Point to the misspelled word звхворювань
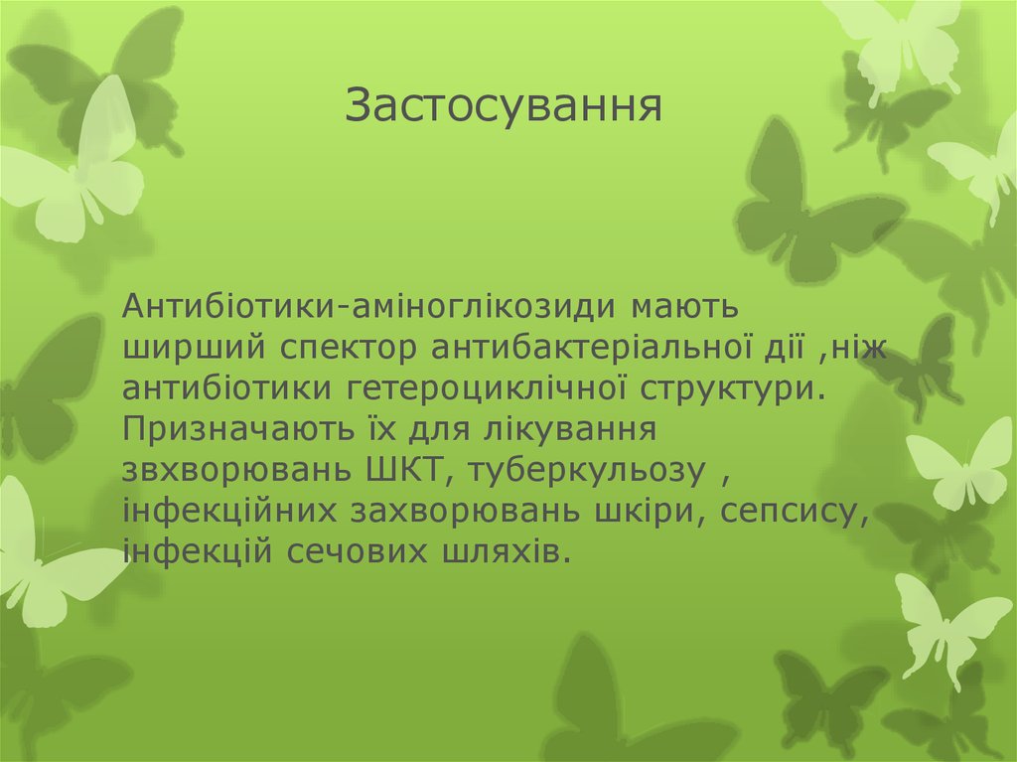tap(231, 470)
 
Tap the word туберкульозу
tap(588, 470)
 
